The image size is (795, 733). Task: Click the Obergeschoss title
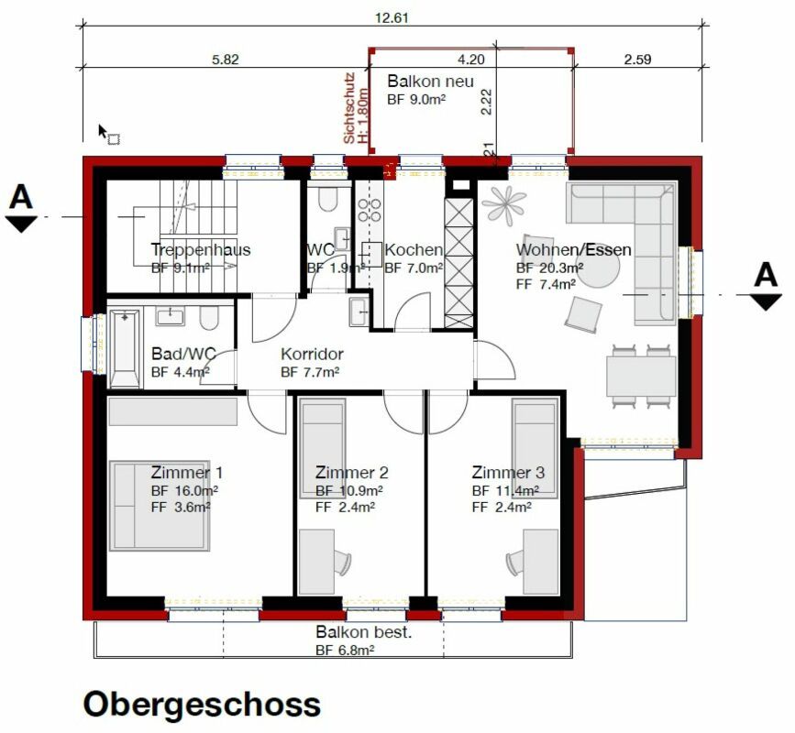coord(202,704)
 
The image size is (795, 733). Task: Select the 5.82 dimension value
coord(225,60)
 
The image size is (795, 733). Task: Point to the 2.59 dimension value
coord(637,60)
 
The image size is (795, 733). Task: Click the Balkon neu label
coord(430,82)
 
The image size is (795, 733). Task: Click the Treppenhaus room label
coord(200,249)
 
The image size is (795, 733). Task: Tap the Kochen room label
coord(414,250)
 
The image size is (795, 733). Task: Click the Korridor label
coord(312,354)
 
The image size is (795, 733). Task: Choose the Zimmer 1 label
coord(186,473)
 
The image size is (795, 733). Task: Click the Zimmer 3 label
coord(508,473)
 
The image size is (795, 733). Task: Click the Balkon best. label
coord(364,632)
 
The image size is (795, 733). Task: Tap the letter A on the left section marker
coord(23,196)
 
